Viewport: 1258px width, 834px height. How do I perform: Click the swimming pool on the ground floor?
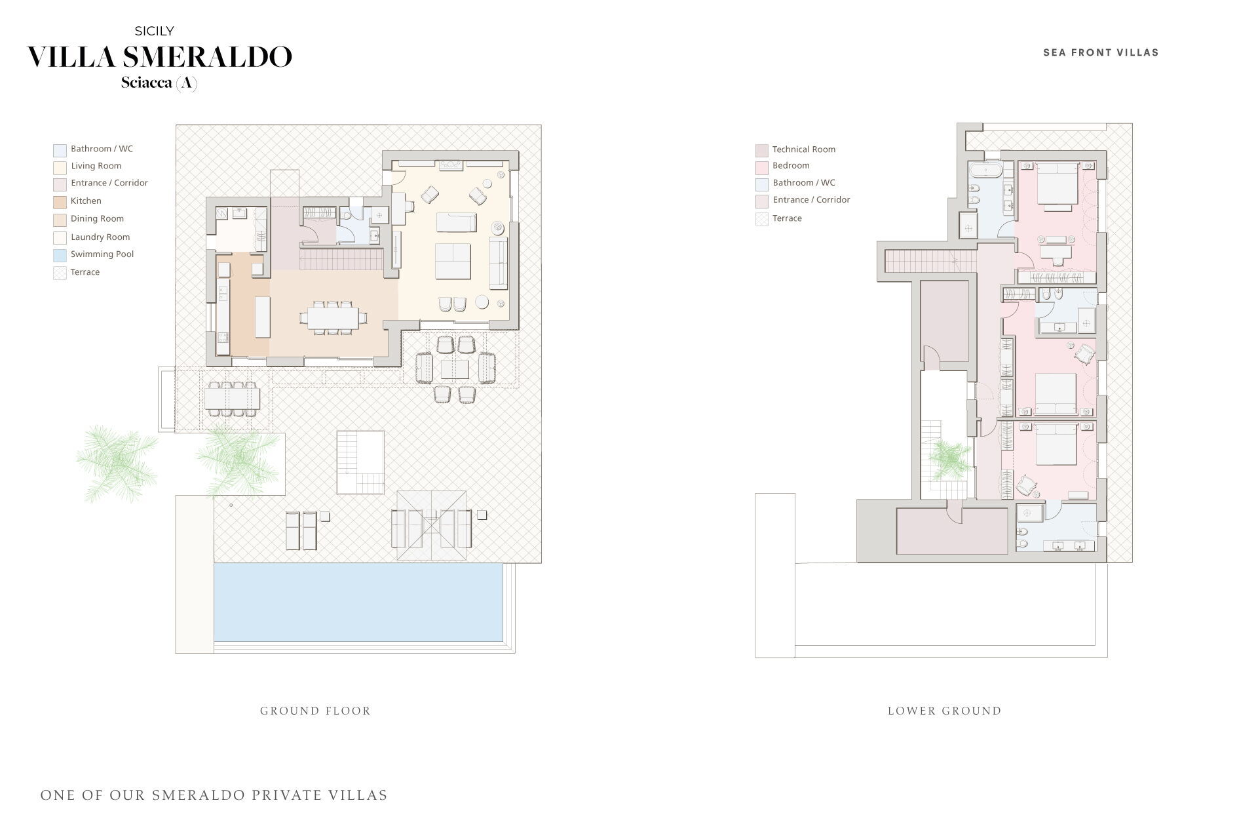[x=358, y=603]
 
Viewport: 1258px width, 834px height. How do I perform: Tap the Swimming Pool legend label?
[x=102, y=254]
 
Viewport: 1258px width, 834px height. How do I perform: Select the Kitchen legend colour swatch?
[x=60, y=202]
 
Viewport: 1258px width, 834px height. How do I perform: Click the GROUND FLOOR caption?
[x=316, y=711]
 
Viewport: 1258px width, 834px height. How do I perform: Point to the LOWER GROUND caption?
[x=945, y=711]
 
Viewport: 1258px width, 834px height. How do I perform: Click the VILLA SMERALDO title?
[x=159, y=57]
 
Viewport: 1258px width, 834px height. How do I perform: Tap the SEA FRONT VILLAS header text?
[x=1101, y=52]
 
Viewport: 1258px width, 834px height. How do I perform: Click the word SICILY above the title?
[x=155, y=31]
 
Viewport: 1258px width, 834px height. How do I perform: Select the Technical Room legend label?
[x=804, y=149]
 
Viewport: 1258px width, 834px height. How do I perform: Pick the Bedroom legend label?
[x=791, y=166]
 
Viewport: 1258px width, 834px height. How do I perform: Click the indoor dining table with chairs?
[x=334, y=319]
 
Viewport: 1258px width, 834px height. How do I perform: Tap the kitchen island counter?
[x=262, y=317]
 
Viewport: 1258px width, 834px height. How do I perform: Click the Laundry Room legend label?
[x=100, y=237]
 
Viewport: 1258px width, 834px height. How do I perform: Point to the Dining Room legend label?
[x=97, y=219]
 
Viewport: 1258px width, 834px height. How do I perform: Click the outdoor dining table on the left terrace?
[x=232, y=399]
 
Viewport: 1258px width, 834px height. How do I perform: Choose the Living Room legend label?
[x=96, y=167]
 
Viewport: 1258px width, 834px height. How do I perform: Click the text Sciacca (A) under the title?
[x=159, y=83]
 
